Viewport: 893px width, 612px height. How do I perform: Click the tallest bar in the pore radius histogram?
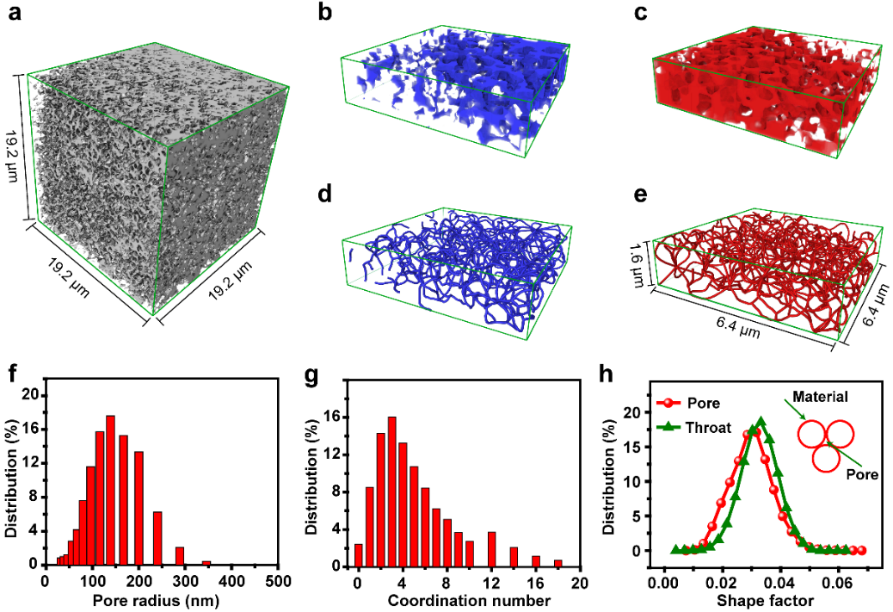[x=110, y=490]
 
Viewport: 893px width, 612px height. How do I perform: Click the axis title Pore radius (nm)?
[x=161, y=600]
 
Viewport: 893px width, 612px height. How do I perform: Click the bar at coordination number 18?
[x=557, y=563]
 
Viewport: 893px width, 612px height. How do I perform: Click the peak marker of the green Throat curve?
[x=760, y=423]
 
